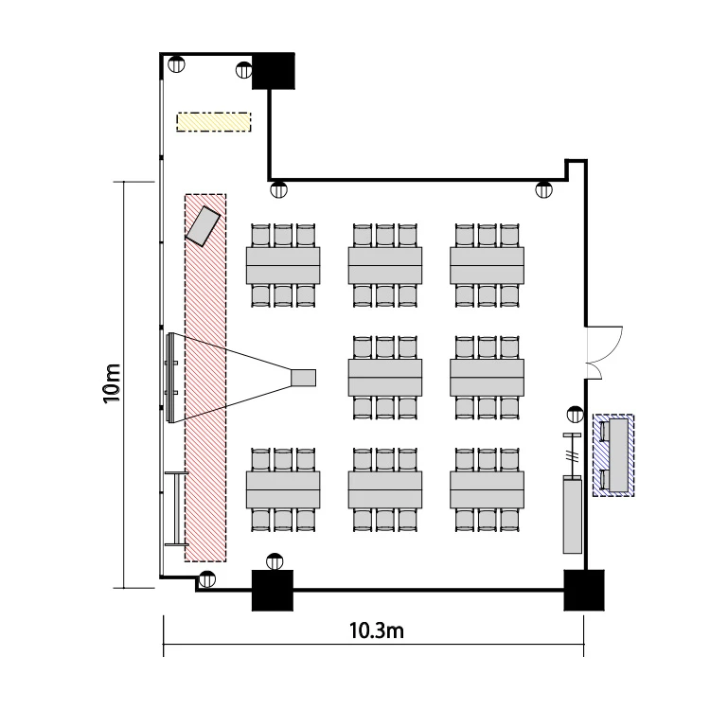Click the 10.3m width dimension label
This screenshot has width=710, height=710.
click(x=376, y=630)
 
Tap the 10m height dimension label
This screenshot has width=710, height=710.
click(x=112, y=383)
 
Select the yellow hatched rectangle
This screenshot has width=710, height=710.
click(x=214, y=122)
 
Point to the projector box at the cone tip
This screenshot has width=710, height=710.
click(x=303, y=378)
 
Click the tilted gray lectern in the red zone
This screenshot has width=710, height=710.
click(x=203, y=226)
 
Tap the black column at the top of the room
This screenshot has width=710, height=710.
click(x=273, y=71)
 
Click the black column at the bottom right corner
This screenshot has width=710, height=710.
click(x=584, y=590)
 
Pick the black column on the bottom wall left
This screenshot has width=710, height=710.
click(x=272, y=590)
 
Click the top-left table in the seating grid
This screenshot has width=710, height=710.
click(x=283, y=265)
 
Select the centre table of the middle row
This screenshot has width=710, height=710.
click(x=385, y=378)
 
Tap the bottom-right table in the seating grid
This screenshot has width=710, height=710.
click(x=488, y=489)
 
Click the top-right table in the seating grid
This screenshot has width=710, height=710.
click(x=488, y=265)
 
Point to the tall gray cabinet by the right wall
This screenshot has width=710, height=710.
click(x=573, y=515)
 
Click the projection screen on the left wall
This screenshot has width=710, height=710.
click(x=170, y=378)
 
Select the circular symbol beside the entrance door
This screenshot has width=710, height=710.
click(x=575, y=415)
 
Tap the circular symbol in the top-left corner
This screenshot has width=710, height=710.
click(x=176, y=63)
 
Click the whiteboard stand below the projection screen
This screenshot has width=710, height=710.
click(x=177, y=508)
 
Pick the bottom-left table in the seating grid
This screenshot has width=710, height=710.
click(x=283, y=489)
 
